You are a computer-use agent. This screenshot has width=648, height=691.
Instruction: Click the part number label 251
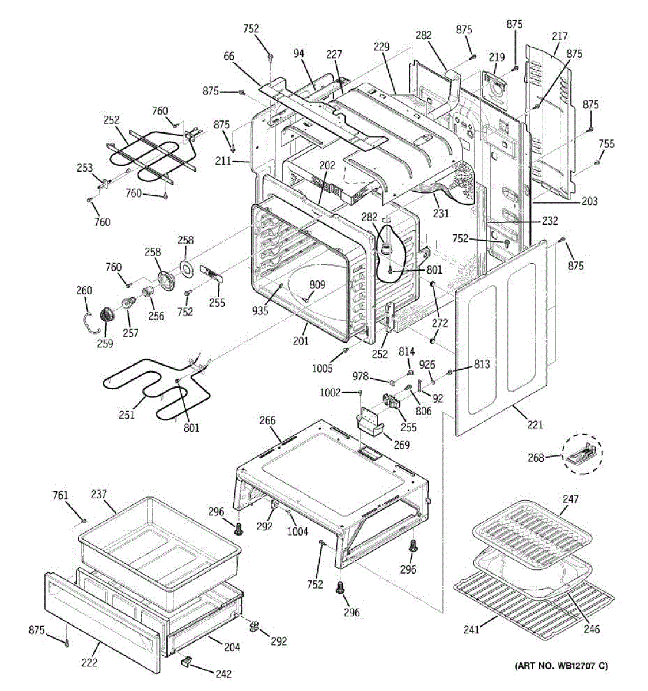[x=126, y=415]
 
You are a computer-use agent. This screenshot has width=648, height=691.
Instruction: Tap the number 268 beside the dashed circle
[x=536, y=458]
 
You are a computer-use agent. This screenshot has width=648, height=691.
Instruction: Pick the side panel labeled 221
[x=501, y=337]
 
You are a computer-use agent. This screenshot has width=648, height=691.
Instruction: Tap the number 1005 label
[x=322, y=368]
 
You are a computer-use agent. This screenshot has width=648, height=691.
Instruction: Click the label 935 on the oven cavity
[x=260, y=310]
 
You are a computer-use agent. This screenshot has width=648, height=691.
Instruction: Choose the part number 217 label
[x=559, y=36]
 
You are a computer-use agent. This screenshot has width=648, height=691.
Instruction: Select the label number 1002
[x=330, y=393]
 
